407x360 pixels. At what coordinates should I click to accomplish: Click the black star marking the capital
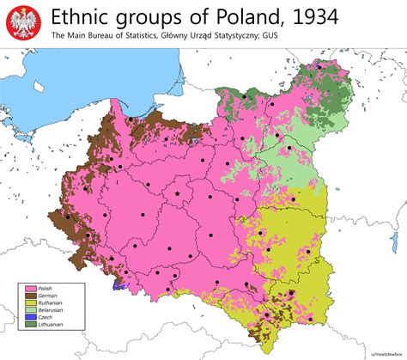click(x=178, y=195)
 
